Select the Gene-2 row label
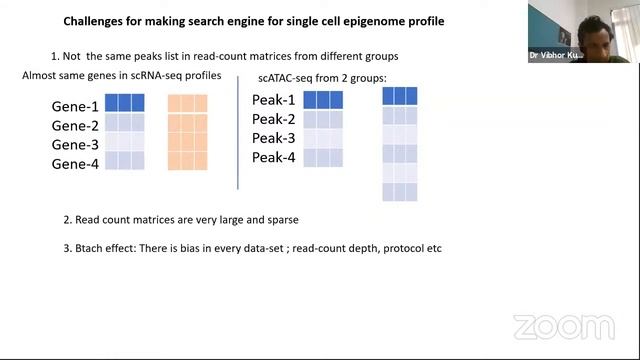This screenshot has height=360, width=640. [x=75, y=125]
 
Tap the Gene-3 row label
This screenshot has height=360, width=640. [x=75, y=144]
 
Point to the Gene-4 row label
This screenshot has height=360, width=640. [x=75, y=163]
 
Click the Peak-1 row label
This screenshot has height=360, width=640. [x=273, y=100]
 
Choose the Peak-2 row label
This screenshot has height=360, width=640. [x=273, y=119]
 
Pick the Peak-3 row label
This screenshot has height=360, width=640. [x=273, y=138]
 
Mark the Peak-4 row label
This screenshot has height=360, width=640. [x=273, y=157]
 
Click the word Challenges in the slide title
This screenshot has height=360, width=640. [x=96, y=20]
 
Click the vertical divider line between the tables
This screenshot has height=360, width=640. [x=238, y=135]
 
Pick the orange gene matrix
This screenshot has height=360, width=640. [x=187, y=132]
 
